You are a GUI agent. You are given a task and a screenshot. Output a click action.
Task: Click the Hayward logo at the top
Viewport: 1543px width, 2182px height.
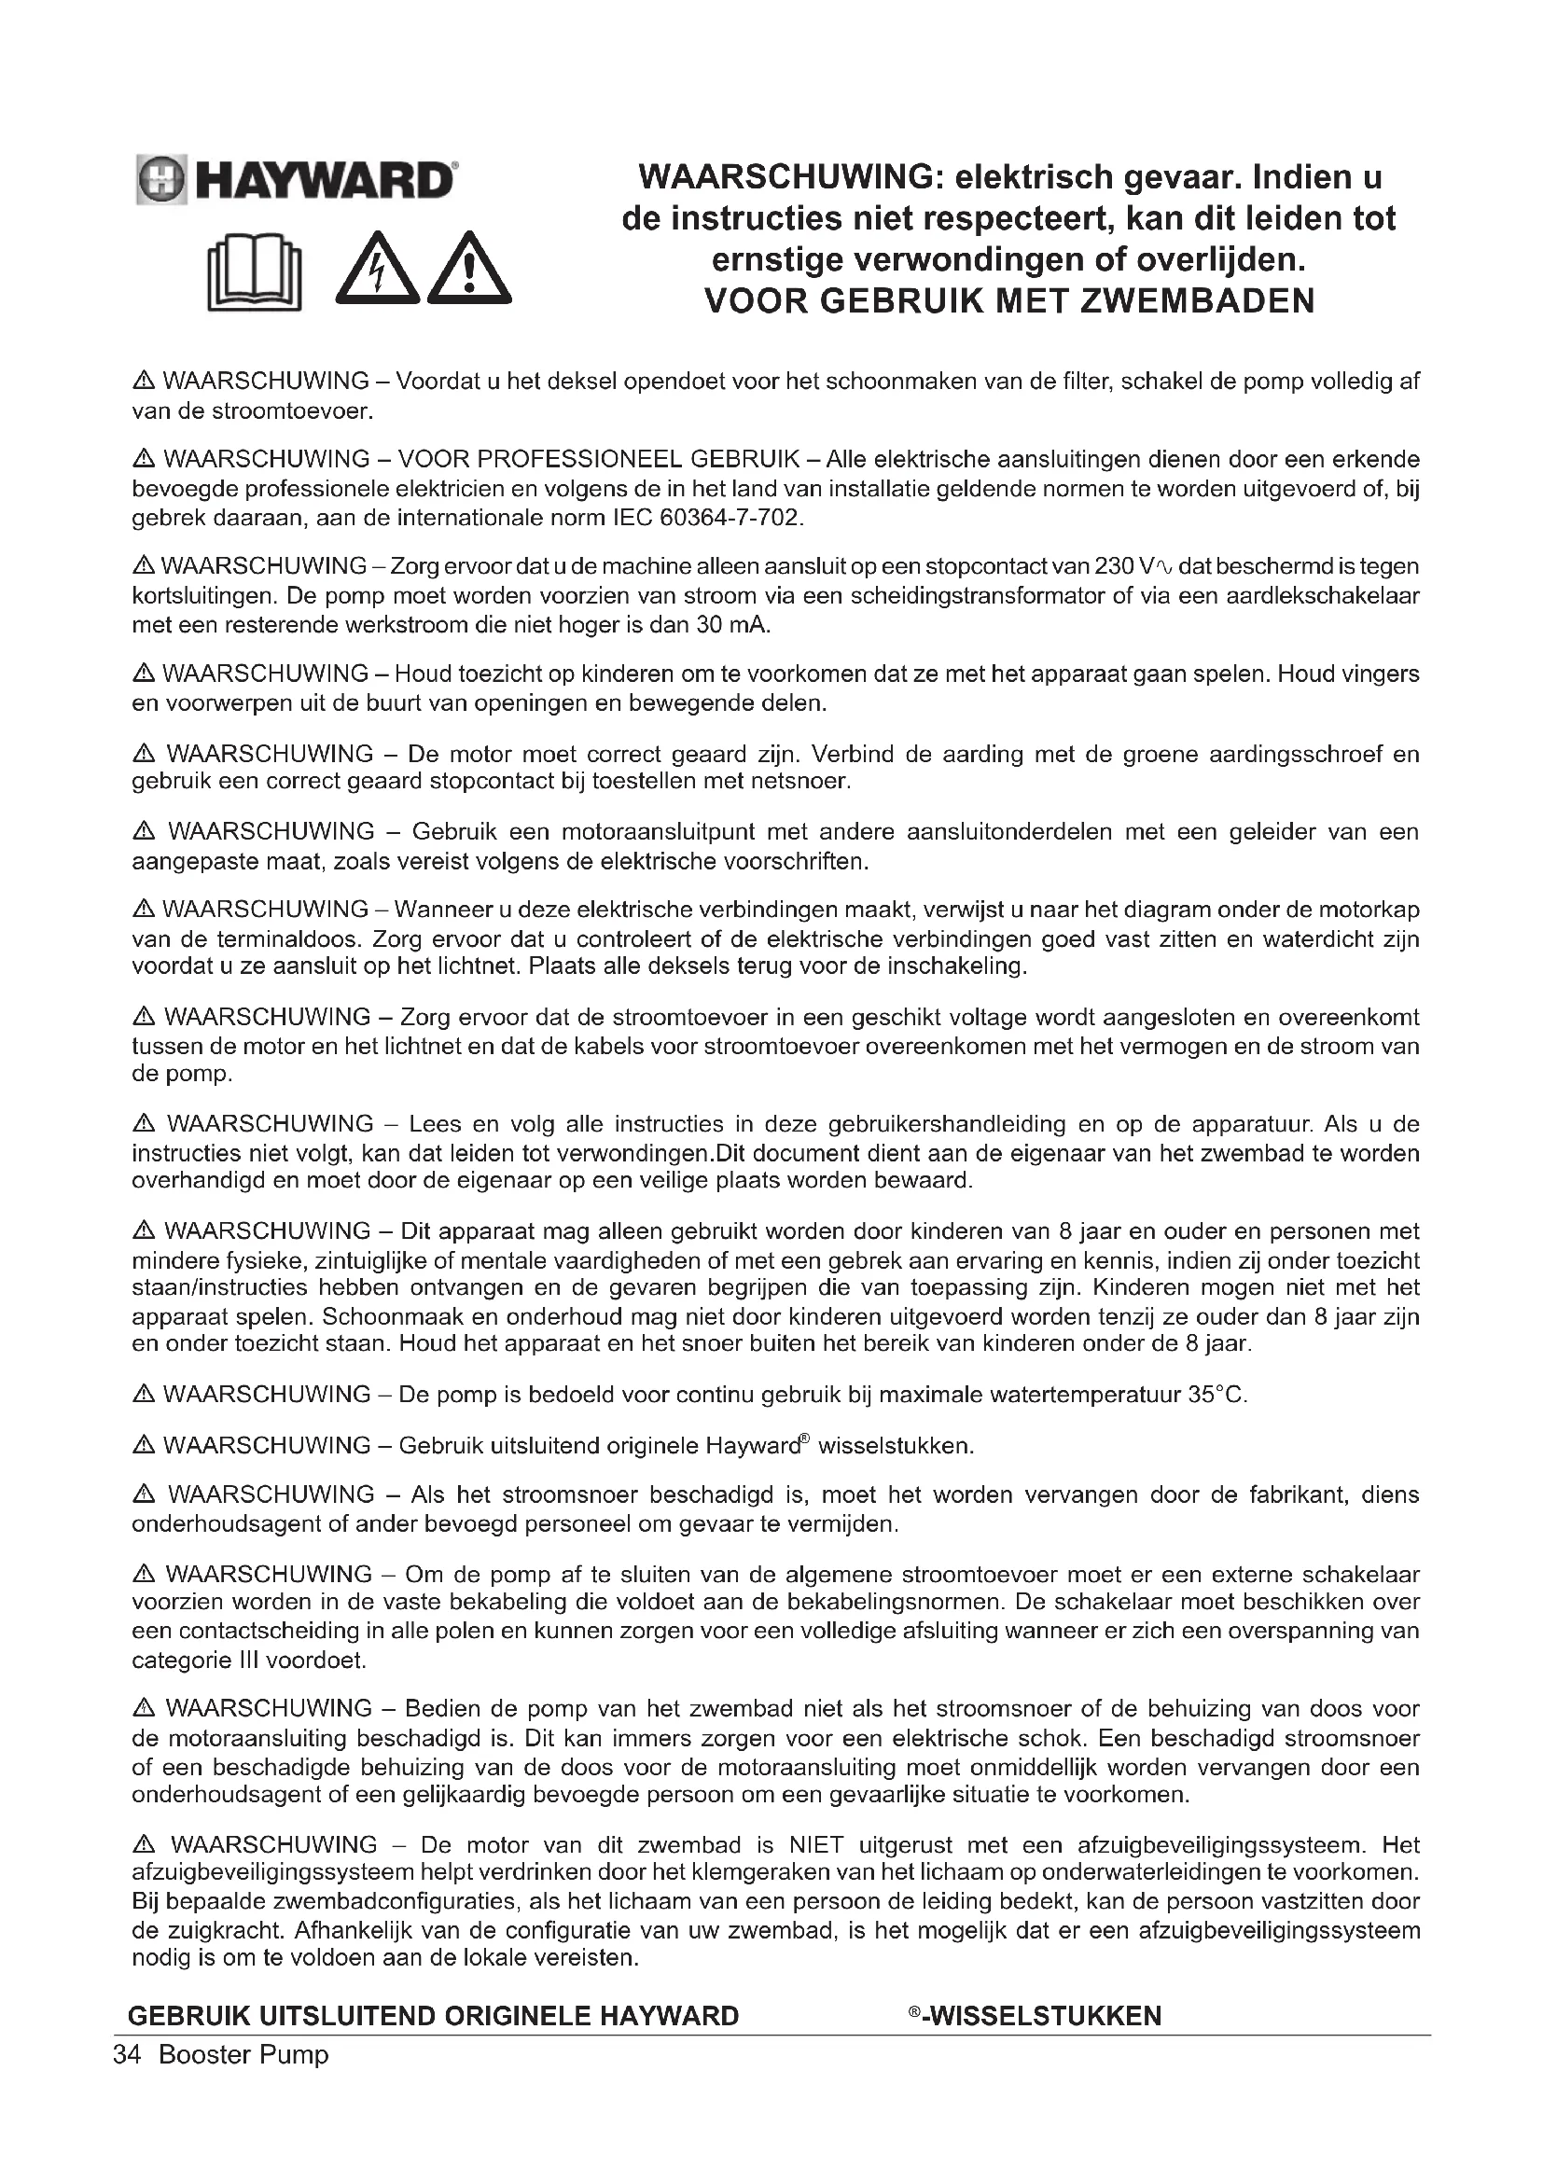pyautogui.click(x=297, y=180)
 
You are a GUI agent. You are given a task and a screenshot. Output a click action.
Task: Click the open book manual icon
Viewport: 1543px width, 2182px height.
pyautogui.click(x=255, y=272)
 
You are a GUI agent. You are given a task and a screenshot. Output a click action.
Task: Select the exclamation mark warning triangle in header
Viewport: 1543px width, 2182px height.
pyautogui.click(x=469, y=270)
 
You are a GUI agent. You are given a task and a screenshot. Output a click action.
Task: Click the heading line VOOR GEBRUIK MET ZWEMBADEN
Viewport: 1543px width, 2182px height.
pyautogui.click(x=1009, y=301)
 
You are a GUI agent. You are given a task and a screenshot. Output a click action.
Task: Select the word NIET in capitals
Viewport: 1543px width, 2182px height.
pyautogui.click(x=816, y=1845)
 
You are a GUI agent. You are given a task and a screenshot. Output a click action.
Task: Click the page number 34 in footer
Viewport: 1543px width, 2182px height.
pyautogui.click(x=126, y=2054)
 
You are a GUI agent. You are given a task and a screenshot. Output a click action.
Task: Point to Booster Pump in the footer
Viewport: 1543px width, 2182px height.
pyautogui.click(x=243, y=2054)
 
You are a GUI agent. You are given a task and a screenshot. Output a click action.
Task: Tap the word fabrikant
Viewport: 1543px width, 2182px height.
pyautogui.click(x=1297, y=1494)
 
